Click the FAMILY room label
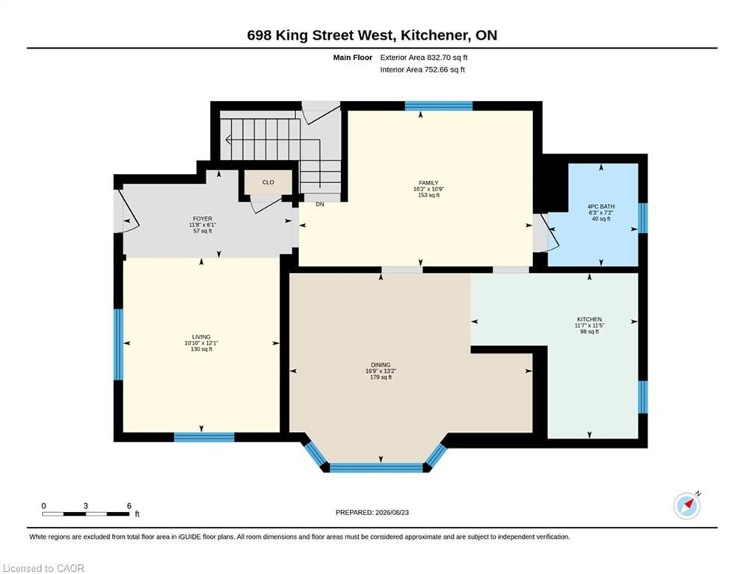(x=428, y=182)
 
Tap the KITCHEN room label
(x=589, y=319)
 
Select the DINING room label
(x=381, y=365)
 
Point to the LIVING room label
(x=201, y=337)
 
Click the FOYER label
(x=203, y=219)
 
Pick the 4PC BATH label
(x=600, y=206)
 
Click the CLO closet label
(x=268, y=182)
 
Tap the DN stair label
(x=320, y=204)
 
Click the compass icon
(x=687, y=506)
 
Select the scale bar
(x=85, y=513)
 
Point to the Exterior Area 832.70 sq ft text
(x=424, y=58)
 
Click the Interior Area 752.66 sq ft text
(x=422, y=70)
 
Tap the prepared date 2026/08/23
(x=392, y=512)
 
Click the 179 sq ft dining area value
(x=381, y=377)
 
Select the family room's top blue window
(x=439, y=106)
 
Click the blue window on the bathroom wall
(x=643, y=218)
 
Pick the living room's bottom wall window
(x=204, y=437)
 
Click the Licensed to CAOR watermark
(x=43, y=568)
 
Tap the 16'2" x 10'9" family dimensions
(x=428, y=189)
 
